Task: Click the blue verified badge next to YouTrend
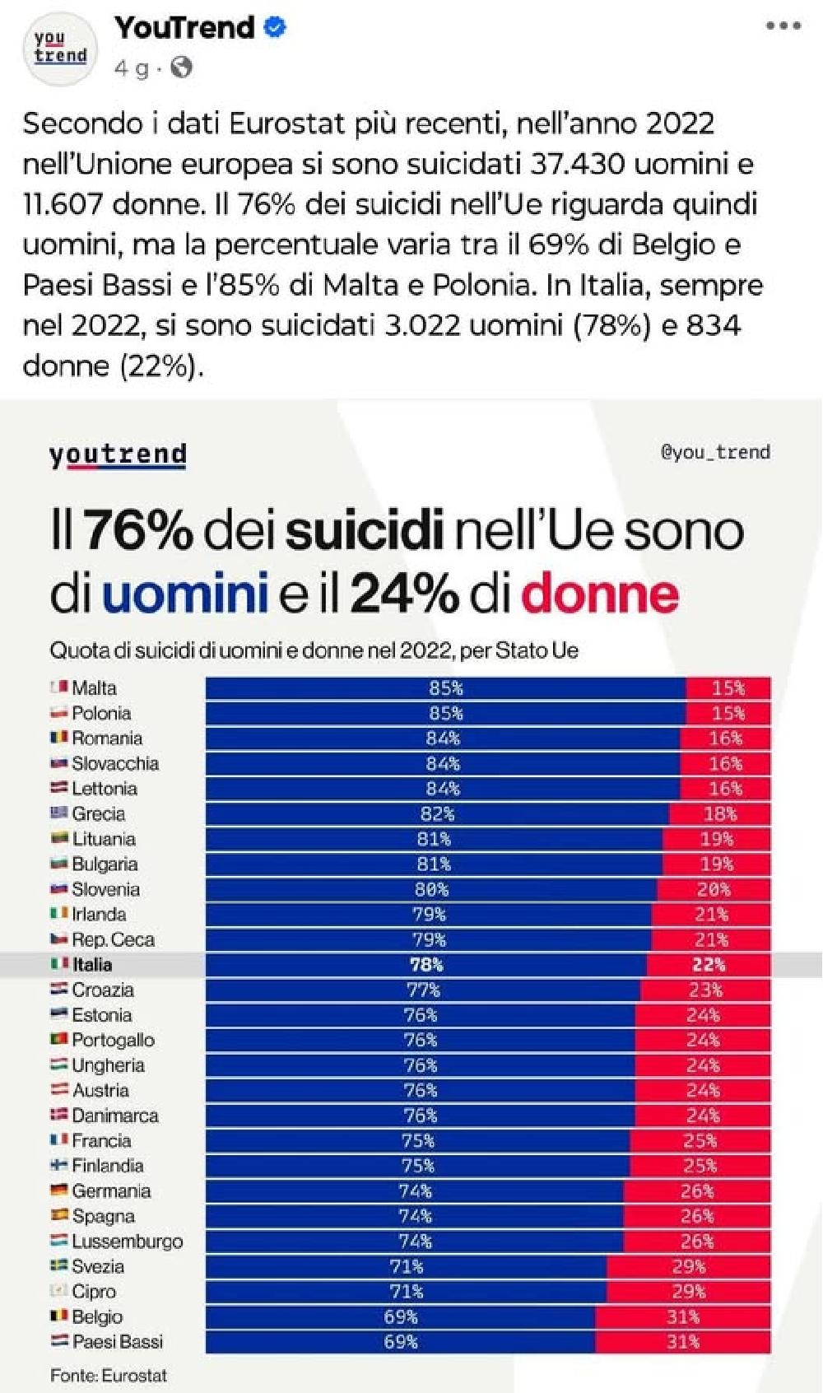[x=276, y=27]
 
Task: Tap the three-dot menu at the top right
[x=783, y=26]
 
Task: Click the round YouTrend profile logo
[x=60, y=48]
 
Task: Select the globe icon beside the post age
[x=181, y=68]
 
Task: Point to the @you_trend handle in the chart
[x=715, y=451]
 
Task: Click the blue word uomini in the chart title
[x=184, y=593]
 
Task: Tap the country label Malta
[x=94, y=687]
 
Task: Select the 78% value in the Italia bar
[x=426, y=965]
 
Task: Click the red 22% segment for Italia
[x=709, y=965]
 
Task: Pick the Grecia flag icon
[x=58, y=813]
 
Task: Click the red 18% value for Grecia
[x=720, y=814]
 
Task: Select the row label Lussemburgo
[x=128, y=1242]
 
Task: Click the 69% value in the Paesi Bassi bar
[x=401, y=1342]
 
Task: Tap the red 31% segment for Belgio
[x=683, y=1317]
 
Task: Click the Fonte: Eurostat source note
[x=109, y=1375]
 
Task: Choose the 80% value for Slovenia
[x=431, y=889]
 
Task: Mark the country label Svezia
[x=98, y=1266]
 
